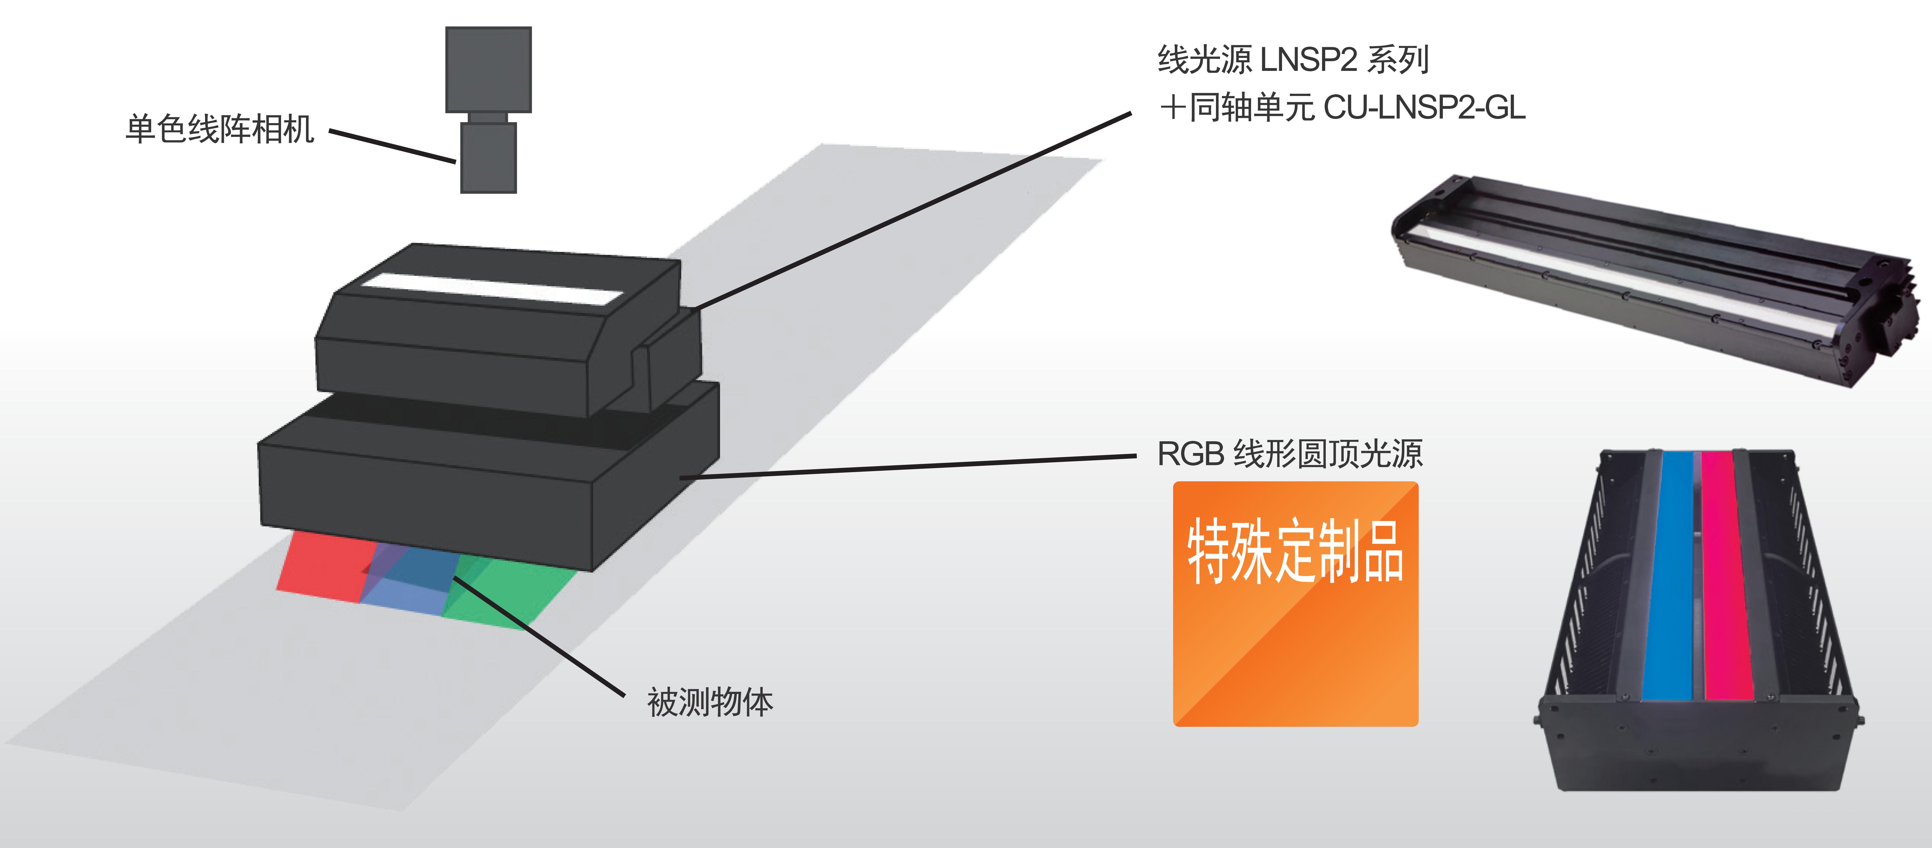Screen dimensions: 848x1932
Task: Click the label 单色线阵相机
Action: (x=219, y=129)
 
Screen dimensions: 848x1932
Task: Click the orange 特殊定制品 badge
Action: (x=1295, y=604)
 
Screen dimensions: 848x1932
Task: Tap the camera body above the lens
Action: (x=488, y=69)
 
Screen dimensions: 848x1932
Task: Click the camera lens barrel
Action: (x=488, y=157)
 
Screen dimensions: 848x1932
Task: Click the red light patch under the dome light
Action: (x=323, y=566)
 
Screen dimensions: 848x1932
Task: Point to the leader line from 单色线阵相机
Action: (x=391, y=146)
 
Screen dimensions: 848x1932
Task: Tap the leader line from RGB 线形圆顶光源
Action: (x=907, y=466)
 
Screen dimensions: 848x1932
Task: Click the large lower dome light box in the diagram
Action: (x=428, y=487)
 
